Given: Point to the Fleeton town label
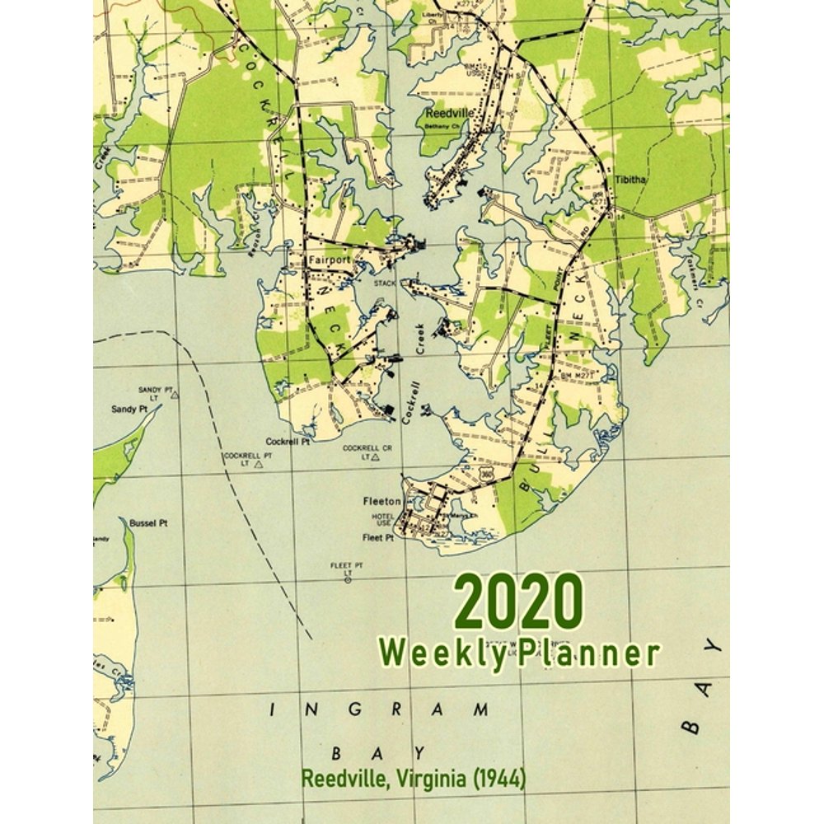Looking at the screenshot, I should pos(382,500).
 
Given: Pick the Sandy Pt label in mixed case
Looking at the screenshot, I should pos(129,409).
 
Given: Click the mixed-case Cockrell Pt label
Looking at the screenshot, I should pos(288,442).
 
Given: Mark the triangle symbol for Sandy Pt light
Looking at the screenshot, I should pos(175,396).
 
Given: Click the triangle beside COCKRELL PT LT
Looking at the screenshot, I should pos(259,466).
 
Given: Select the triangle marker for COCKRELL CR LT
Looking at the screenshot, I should pos(375,456).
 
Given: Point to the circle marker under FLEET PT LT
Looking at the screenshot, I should pos(348,580).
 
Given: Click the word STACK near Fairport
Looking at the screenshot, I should pos(386,283).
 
